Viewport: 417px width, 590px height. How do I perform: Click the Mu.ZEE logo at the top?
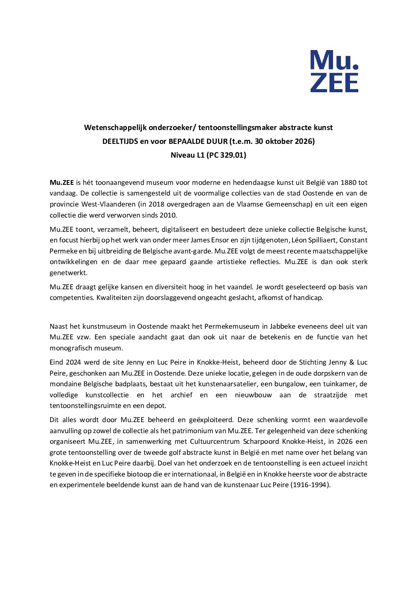(334, 71)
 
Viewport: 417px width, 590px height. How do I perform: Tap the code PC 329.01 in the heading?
(226, 155)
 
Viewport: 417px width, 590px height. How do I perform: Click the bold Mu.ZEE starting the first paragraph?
(62, 183)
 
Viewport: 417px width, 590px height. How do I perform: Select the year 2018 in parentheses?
(156, 205)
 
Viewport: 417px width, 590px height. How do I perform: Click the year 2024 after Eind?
(73, 363)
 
